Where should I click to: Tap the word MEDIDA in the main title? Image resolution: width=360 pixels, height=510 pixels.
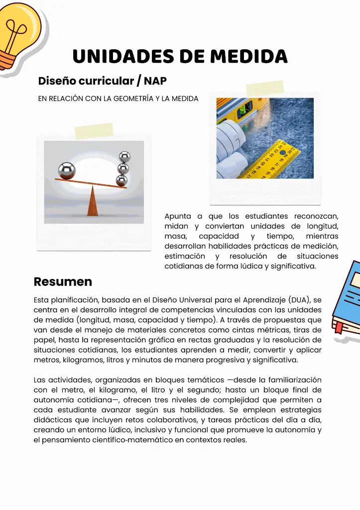(x=248, y=56)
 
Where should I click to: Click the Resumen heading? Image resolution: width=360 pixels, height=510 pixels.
(x=63, y=281)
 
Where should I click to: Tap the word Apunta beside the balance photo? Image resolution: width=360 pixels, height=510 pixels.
(x=176, y=216)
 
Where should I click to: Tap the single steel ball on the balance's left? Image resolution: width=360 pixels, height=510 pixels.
(x=67, y=171)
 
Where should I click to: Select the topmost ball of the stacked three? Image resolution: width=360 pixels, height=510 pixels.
(x=124, y=157)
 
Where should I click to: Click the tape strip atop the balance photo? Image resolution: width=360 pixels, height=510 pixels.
(x=94, y=131)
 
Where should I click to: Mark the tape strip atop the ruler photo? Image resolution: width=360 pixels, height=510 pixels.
(x=265, y=89)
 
